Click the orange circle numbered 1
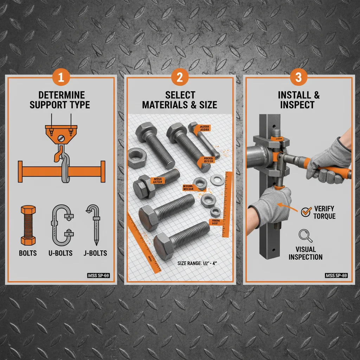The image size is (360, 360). [x=61, y=78]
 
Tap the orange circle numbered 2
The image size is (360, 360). [x=180, y=78]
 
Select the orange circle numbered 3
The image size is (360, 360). [x=298, y=78]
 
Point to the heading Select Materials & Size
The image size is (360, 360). [x=180, y=99]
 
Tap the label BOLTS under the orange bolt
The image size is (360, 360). [x=28, y=253]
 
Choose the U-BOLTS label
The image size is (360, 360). [x=60, y=253]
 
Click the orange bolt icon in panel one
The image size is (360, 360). [x=28, y=225]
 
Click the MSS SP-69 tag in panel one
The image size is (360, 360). [x=98, y=276]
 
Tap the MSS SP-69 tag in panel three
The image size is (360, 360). [x=336, y=276]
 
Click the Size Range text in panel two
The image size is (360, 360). [x=198, y=263]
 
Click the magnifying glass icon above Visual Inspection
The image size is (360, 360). [x=305, y=236]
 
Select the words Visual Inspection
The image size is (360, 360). [x=306, y=253]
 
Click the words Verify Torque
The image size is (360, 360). [x=324, y=212]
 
